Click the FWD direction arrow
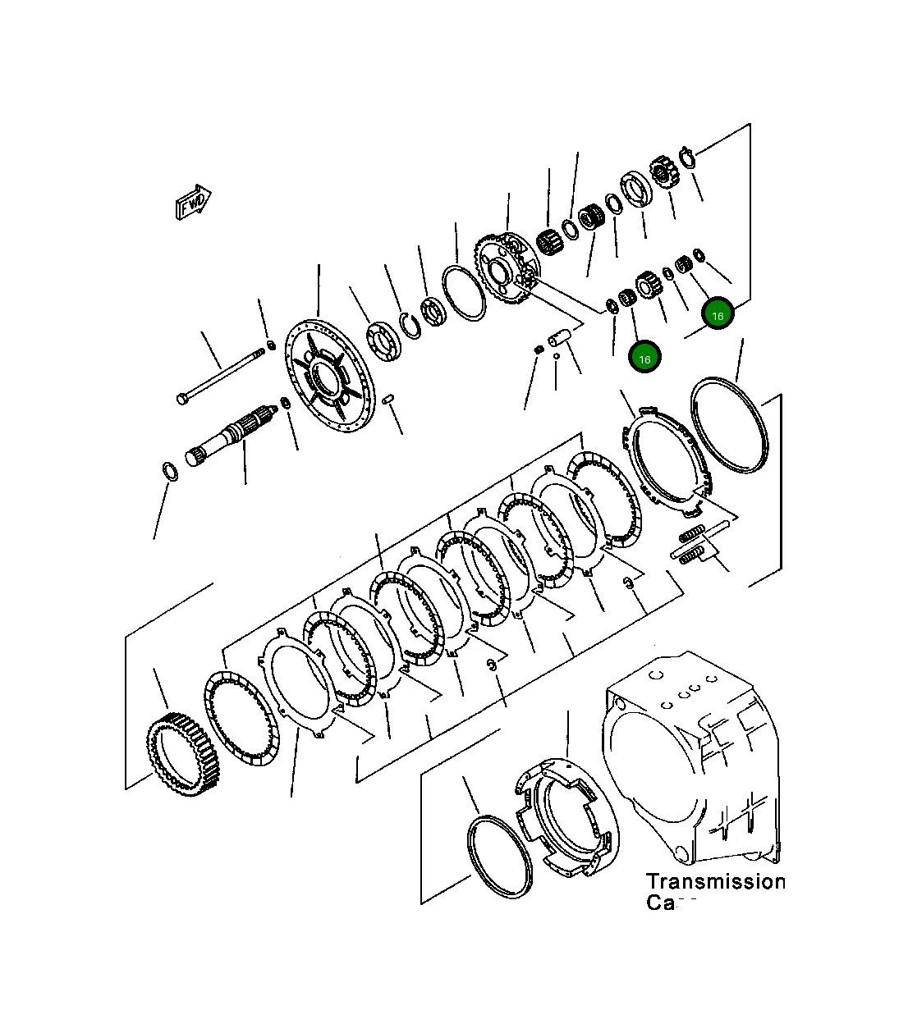[x=193, y=202]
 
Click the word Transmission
[x=714, y=882]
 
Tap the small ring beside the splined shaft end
[x=170, y=471]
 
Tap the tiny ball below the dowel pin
[x=557, y=356]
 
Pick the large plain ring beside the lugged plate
[x=730, y=424]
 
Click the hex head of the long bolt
[x=182, y=399]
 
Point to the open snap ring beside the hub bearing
[x=410, y=324]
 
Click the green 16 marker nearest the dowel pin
[x=644, y=359]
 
